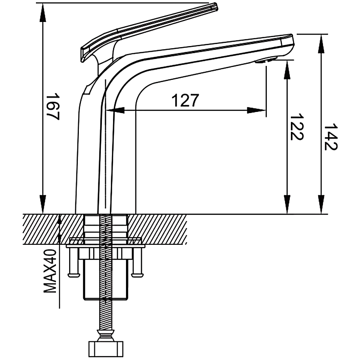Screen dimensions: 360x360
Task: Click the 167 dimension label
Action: (53, 106)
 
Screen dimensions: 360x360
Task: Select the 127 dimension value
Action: (185, 100)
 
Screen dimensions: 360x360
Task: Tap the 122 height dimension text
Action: (296, 126)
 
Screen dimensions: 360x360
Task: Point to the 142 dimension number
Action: (330, 137)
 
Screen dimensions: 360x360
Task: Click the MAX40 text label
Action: (50, 271)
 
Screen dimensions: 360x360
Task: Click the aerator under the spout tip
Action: (266, 60)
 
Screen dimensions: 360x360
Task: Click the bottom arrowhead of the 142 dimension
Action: (321, 204)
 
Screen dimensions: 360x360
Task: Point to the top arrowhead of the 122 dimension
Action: (287, 70)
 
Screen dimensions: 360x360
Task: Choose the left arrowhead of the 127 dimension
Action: (116, 110)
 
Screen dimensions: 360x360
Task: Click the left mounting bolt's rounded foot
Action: (74, 275)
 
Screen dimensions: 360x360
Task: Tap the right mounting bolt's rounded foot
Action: (137, 275)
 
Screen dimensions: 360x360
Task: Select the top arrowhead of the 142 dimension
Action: (321, 44)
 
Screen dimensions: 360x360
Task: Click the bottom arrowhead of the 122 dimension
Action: (287, 204)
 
